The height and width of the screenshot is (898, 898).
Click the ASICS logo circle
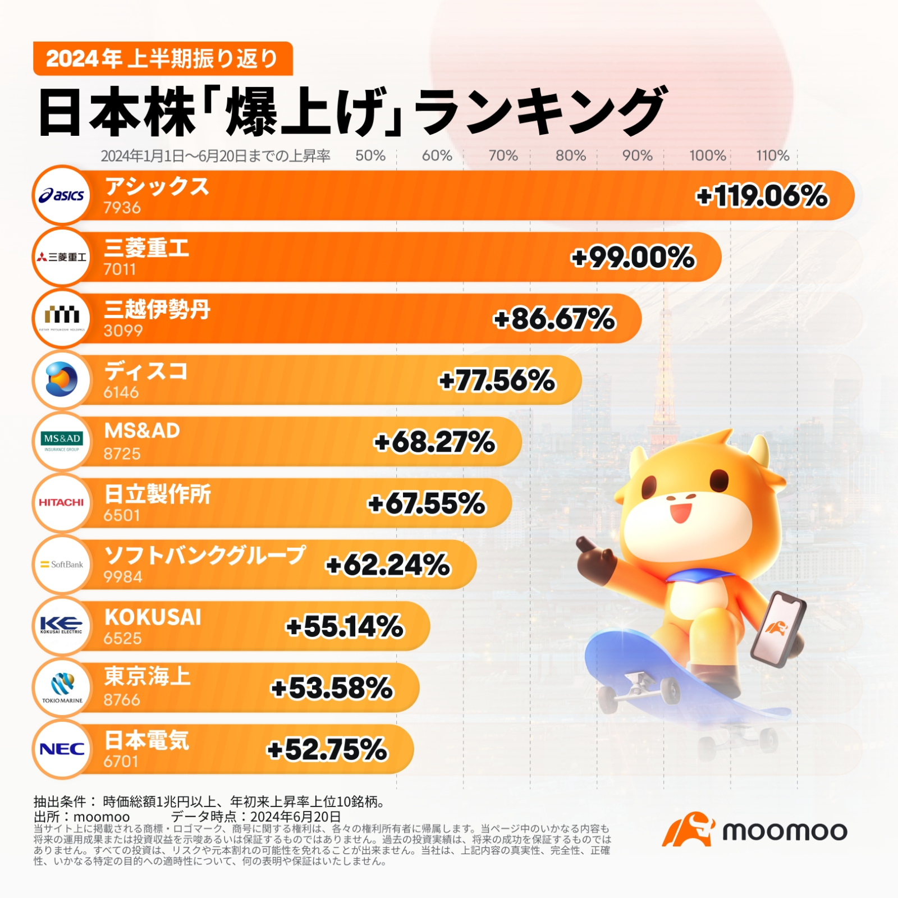pyautogui.click(x=62, y=195)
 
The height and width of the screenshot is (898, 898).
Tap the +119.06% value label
pyautogui.click(x=762, y=196)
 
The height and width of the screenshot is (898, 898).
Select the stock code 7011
pyautogui.click(x=120, y=269)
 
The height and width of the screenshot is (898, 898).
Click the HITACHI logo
pyautogui.click(x=62, y=502)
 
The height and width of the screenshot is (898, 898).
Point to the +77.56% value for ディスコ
pyautogui.click(x=497, y=381)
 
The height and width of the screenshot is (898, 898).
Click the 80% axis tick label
pyautogui.click(x=570, y=155)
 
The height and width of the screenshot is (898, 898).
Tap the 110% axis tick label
pyautogui.click(x=772, y=155)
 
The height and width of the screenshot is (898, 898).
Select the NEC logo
pyautogui.click(x=62, y=749)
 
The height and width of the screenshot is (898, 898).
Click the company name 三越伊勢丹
pyautogui.click(x=157, y=309)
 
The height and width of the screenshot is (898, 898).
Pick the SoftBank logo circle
pyautogui.click(x=62, y=564)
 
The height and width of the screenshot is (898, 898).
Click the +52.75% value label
pyautogui.click(x=327, y=749)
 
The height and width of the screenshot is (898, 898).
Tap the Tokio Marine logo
pyautogui.click(x=62, y=688)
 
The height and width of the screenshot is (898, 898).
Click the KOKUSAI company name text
pyautogui.click(x=153, y=617)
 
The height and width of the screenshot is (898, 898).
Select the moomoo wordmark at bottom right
pyautogui.click(x=784, y=831)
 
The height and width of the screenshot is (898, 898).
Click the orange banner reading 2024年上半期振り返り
pyautogui.click(x=163, y=58)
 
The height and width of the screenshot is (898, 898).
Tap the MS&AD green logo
pyautogui.click(x=62, y=441)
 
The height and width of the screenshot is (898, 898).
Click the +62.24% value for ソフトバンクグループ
pyautogui.click(x=388, y=565)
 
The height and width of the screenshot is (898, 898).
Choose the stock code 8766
pyautogui.click(x=122, y=700)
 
